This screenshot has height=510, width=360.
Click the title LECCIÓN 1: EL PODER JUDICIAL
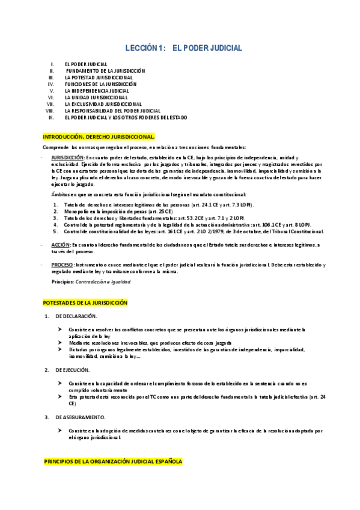183,47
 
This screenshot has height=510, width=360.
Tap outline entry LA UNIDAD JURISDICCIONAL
96,97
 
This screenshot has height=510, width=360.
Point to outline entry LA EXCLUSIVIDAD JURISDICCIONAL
103,104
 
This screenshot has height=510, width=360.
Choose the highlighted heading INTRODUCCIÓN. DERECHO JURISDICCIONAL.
99,137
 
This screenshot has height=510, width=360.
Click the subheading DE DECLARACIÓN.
76,316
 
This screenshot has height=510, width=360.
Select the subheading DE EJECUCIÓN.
73,369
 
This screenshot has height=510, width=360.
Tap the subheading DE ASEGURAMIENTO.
80,417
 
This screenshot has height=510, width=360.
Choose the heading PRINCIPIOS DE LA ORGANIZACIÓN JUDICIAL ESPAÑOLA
113,461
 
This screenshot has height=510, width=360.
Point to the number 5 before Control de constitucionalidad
55,231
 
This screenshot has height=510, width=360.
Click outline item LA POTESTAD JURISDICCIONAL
99,77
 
